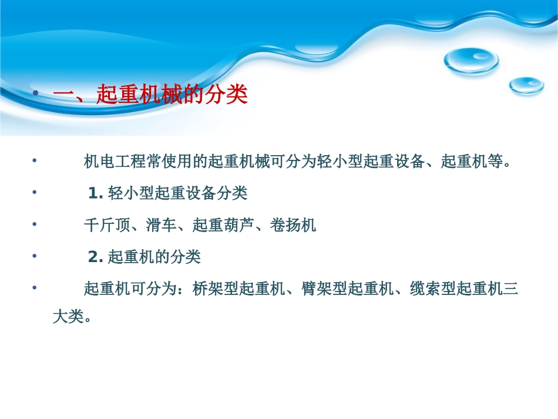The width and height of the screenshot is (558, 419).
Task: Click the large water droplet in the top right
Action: (x=471, y=61)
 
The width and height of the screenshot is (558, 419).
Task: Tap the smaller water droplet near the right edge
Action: (x=526, y=85)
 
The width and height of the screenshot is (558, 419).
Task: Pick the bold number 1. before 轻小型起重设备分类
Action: (x=96, y=193)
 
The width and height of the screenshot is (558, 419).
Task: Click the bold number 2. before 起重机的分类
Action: (x=96, y=257)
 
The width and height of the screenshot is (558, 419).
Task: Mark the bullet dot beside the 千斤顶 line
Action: (x=35, y=224)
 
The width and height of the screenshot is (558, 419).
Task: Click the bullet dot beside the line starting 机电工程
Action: (x=35, y=161)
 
